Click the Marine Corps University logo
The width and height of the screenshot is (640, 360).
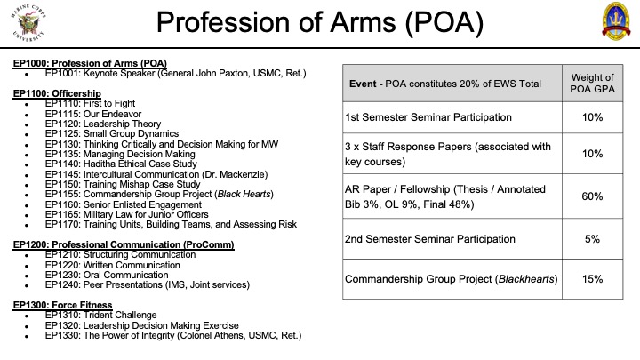click(x=28, y=22)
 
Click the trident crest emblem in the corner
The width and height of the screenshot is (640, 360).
click(x=616, y=21)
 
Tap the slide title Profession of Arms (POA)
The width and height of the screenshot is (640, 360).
click(x=320, y=21)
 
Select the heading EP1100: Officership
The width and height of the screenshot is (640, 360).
click(x=57, y=93)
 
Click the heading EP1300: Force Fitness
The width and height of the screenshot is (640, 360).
click(x=62, y=305)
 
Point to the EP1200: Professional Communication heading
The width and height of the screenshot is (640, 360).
click(x=124, y=244)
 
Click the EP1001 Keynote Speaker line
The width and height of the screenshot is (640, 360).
click(x=175, y=74)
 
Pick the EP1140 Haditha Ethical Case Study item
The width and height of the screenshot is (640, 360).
click(x=121, y=164)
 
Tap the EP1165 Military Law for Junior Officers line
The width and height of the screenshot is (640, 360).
click(x=126, y=214)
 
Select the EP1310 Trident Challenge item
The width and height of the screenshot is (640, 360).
click(x=100, y=315)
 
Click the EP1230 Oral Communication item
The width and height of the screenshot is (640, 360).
click(x=107, y=275)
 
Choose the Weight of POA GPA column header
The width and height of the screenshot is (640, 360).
click(x=592, y=84)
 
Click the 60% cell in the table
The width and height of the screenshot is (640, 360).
click(x=592, y=196)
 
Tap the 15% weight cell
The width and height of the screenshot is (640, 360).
click(x=592, y=279)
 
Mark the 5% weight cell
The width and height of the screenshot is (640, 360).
click(x=592, y=239)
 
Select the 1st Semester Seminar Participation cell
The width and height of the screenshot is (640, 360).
click(x=428, y=117)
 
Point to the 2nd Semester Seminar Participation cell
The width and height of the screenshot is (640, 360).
click(x=430, y=239)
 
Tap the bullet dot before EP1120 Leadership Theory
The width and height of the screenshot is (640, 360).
click(x=27, y=125)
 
